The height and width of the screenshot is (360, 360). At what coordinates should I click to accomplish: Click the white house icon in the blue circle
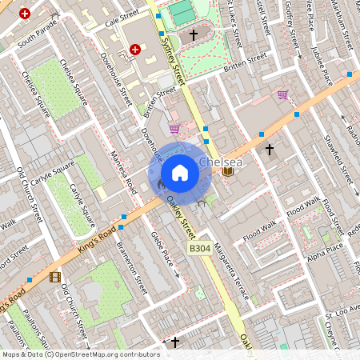[x=180, y=173]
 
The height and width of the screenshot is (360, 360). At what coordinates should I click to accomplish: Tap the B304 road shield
[x=201, y=250]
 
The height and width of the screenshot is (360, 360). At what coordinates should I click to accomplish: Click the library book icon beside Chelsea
[x=229, y=171]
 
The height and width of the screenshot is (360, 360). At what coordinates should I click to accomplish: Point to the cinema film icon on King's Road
[x=54, y=277]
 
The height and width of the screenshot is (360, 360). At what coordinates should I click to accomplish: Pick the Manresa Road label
[x=123, y=172]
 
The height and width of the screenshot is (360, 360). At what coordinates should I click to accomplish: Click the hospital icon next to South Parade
[x=25, y=14]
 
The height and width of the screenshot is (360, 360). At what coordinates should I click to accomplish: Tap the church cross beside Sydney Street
[x=193, y=35]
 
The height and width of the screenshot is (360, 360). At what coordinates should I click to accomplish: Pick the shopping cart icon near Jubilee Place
[x=282, y=94]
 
